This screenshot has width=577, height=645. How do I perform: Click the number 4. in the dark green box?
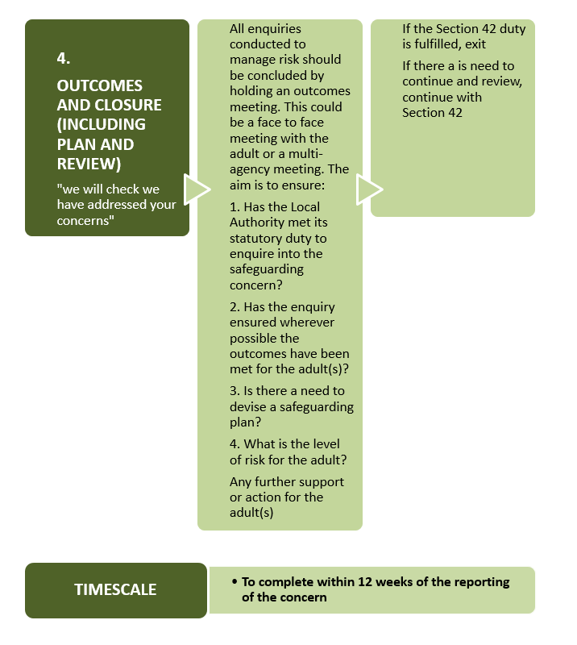pos(64,58)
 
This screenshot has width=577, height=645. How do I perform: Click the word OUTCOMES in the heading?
pos(100,85)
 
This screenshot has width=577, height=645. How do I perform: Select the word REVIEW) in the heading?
pos(89,164)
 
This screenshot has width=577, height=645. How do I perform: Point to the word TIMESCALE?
pos(115,589)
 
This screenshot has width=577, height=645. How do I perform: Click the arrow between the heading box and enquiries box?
pos(197,189)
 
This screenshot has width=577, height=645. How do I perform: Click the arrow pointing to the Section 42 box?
pos(369,189)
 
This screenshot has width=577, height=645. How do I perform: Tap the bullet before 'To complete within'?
pos(235,581)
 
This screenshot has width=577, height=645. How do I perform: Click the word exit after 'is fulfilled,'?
pos(475,44)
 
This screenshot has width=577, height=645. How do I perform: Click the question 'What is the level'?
pos(284,444)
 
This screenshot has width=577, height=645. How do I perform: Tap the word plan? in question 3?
pos(245,422)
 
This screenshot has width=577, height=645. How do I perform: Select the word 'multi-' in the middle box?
pos(305,154)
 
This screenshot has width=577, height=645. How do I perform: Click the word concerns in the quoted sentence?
pos(83,221)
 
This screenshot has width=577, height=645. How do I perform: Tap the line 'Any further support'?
pos(287,482)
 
